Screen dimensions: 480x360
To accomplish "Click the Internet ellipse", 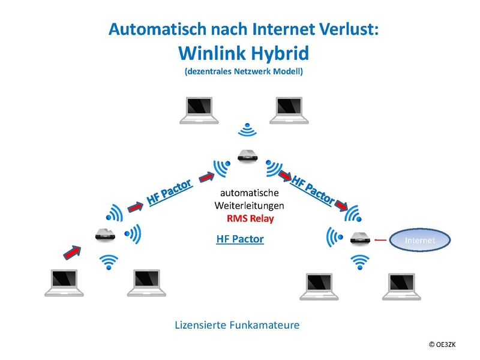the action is tap(419, 239).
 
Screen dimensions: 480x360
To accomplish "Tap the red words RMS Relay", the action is tap(250, 218).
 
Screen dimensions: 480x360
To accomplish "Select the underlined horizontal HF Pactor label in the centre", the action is tap(240, 239).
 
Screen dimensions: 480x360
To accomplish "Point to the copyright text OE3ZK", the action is tap(442, 344).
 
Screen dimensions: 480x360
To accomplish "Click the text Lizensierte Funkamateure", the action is tap(237, 325).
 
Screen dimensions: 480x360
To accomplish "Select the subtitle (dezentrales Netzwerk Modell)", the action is tap(244, 71).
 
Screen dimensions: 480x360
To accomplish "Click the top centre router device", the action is tap(248, 155).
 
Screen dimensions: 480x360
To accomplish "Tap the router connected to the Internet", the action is tap(361, 238).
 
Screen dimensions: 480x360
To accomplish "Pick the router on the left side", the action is tap(105, 234).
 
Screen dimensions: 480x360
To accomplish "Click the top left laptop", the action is tap(199, 110).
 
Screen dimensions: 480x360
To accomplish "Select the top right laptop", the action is tap(289, 110).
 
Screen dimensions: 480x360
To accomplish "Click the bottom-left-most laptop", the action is tap(64, 283).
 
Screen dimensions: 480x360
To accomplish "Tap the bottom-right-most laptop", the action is tap(401, 287).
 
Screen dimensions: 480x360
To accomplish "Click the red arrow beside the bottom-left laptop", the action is tap(72, 252).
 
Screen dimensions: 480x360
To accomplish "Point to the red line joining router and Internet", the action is tap(380, 239).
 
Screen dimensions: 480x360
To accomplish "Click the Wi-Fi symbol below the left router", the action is tap(109, 262).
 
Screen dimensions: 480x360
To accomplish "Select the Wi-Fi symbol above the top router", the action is tap(247, 130).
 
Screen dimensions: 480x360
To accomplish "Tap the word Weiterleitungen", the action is tap(249, 205).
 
